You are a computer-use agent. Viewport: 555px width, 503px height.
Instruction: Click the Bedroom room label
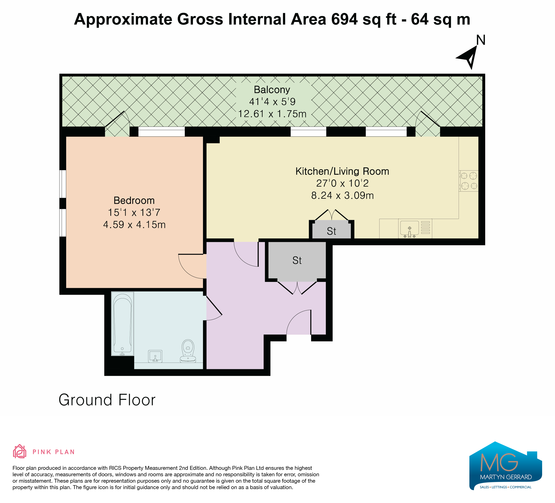(134, 200)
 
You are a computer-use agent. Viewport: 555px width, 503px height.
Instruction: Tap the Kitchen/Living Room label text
(342, 171)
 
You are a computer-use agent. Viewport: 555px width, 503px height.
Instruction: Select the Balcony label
(272, 90)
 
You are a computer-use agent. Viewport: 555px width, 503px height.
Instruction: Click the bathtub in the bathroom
(122, 324)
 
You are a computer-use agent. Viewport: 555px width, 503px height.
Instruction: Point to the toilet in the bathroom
(188, 351)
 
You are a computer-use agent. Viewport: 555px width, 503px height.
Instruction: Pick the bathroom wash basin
(155, 356)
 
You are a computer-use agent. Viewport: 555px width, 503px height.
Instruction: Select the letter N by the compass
(481, 40)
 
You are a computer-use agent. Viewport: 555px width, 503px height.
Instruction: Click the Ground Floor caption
(107, 400)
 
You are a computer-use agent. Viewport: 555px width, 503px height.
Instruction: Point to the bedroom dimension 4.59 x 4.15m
(134, 225)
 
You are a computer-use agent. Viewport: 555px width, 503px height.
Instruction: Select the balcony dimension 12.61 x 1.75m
(272, 114)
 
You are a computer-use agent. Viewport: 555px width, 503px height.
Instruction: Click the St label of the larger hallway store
(297, 260)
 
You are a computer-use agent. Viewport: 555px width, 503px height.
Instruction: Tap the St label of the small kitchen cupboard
(331, 231)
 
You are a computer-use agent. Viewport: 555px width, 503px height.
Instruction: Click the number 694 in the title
(344, 19)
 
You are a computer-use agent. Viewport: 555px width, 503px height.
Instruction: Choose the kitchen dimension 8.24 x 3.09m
(342, 195)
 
